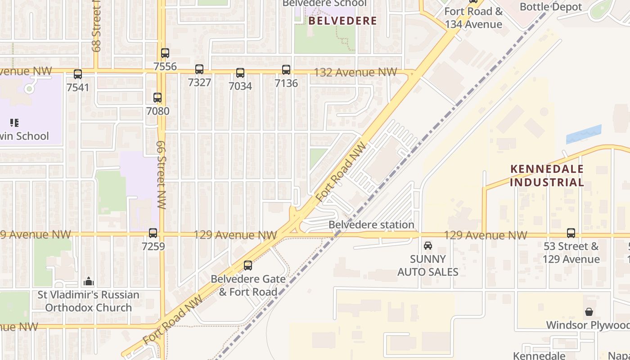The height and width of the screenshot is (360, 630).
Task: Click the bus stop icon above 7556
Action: tap(165, 53)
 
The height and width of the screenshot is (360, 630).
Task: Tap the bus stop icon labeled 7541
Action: tap(78, 74)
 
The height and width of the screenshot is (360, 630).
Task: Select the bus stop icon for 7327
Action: tap(199, 69)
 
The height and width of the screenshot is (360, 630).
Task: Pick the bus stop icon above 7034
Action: tap(240, 73)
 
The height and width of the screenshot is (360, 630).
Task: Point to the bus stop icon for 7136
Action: tap(286, 70)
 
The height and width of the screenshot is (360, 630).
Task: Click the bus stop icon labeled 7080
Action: tap(157, 98)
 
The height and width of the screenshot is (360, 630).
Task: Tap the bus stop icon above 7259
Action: tap(153, 233)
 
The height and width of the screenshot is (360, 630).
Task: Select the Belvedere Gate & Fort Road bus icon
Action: tap(248, 265)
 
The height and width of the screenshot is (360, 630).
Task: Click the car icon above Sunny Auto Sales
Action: tap(428, 246)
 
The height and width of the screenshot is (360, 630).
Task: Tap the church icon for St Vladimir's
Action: tap(89, 282)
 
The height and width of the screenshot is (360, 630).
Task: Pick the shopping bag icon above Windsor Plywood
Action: tap(589, 311)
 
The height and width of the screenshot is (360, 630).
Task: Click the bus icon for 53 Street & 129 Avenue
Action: tap(571, 233)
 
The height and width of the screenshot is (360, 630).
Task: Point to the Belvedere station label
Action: tap(371, 225)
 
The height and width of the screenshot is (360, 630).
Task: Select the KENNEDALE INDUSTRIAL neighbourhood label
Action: tap(547, 176)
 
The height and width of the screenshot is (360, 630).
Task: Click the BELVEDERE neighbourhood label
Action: tap(342, 21)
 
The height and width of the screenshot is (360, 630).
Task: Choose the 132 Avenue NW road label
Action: tap(355, 72)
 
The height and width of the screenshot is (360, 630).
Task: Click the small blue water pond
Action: tap(583, 134)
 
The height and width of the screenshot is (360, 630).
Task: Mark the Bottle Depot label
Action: tap(551, 7)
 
